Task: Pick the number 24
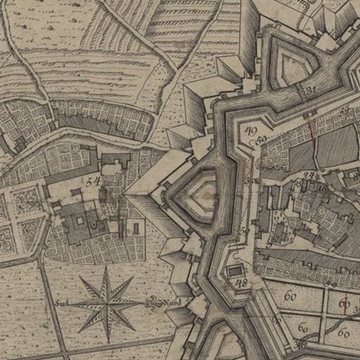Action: [x=309, y=176]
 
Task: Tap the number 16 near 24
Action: [x=322, y=188]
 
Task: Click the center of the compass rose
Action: [x=108, y=303]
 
